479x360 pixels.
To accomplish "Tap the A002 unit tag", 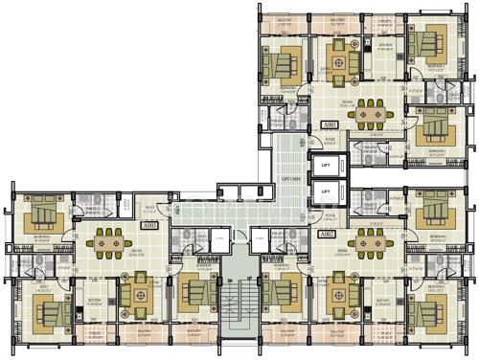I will pyautogui.click(x=327, y=234).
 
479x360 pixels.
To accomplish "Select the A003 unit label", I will pyautogui.click(x=149, y=226).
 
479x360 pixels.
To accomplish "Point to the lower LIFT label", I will pyautogui.click(x=326, y=191).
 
